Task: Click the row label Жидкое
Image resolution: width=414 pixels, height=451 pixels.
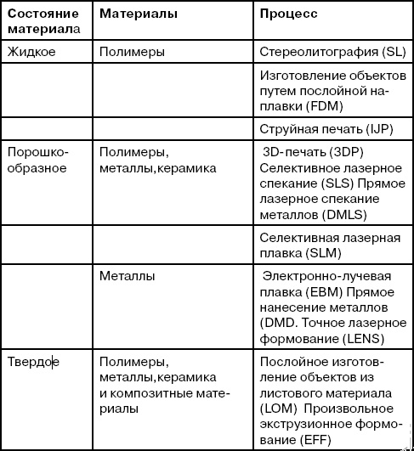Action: tap(31, 52)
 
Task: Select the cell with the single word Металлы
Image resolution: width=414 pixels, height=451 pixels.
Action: tap(127, 277)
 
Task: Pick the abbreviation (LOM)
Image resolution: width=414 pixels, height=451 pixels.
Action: tap(276, 409)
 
